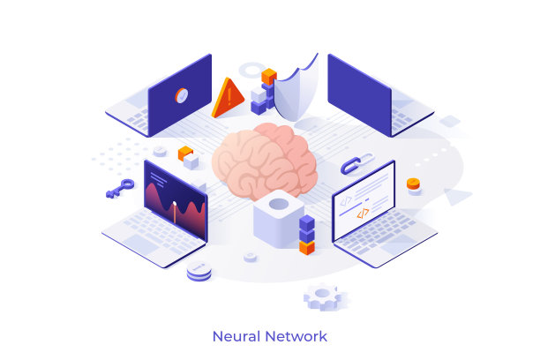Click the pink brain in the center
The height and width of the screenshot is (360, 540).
tap(265, 161)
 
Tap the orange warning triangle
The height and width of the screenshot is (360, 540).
tap(228, 98)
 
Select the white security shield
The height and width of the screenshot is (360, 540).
tap(296, 89)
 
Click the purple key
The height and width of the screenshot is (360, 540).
tap(120, 189)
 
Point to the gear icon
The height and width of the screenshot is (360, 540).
tap(323, 296)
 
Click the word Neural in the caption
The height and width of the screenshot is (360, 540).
tap(236, 336)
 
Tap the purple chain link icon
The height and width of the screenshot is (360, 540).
tap(357, 163)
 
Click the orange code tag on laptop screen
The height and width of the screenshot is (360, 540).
tap(363, 214)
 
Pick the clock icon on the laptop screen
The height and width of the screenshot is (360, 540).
tap(182, 95)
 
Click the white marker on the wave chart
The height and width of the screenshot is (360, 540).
tap(175, 204)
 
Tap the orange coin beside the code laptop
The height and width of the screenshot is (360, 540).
tap(413, 184)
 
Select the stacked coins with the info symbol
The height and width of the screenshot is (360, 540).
tap(199, 271)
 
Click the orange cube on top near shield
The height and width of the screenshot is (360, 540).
tap(269, 76)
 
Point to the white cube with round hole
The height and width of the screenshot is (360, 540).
tap(279, 219)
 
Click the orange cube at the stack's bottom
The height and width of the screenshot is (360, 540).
tap(306, 248)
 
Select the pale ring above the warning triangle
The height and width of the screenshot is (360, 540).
tap(252, 70)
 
